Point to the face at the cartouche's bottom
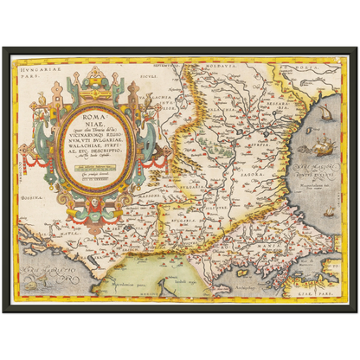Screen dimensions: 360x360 click(92, 205)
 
